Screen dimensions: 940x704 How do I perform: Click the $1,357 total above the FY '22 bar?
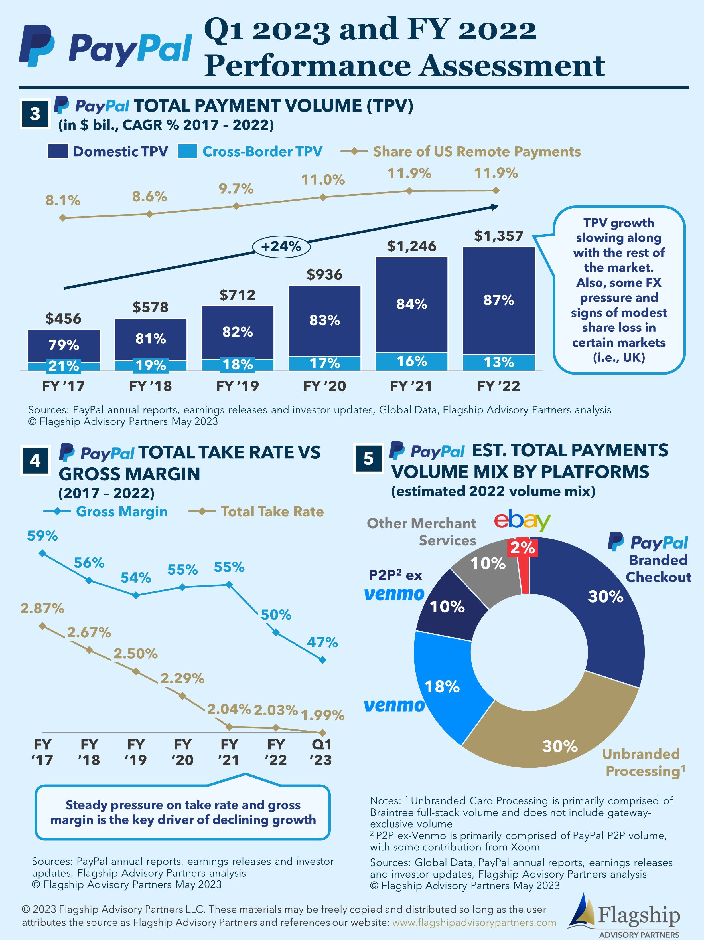click(x=498, y=236)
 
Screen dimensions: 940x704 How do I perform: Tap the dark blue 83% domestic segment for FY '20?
click(x=324, y=320)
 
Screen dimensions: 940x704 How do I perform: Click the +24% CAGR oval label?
click(x=281, y=246)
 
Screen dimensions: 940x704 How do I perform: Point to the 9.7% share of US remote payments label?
click(x=236, y=189)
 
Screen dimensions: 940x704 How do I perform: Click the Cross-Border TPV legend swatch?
click(x=187, y=151)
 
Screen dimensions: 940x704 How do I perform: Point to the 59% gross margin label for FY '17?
click(x=42, y=536)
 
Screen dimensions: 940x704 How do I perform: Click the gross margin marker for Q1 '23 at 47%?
click(x=322, y=660)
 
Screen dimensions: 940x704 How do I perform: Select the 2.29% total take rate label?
click(x=182, y=678)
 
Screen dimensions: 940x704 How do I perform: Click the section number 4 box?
click(x=35, y=460)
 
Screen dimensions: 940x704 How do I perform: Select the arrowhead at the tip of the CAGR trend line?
click(x=494, y=207)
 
